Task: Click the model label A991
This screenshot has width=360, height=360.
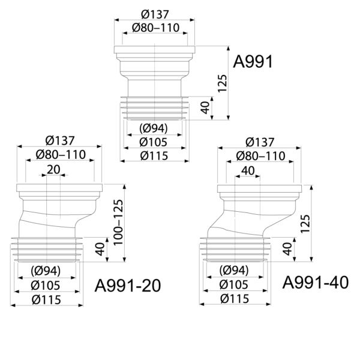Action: [253, 62]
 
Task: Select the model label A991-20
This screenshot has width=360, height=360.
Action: [128, 286]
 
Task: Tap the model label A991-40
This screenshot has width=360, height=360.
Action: [316, 283]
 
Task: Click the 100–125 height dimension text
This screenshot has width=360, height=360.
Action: [118, 222]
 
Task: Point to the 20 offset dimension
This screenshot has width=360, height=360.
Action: [53, 169]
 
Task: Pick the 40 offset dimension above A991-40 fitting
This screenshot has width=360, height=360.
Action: [248, 170]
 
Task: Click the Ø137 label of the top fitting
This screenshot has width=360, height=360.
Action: [155, 14]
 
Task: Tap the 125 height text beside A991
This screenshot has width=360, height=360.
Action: [222, 83]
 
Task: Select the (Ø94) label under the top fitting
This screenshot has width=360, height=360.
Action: [154, 128]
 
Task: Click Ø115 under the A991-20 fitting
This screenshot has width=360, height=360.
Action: [47, 299]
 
